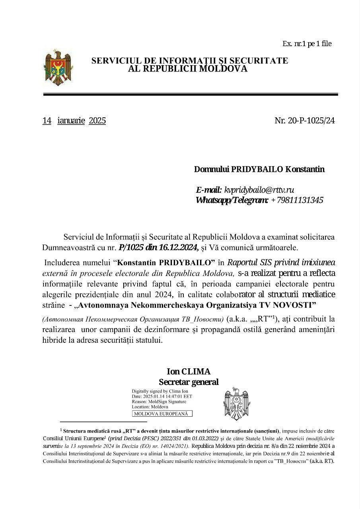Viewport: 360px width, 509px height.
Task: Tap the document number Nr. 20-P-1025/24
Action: [x=304, y=120]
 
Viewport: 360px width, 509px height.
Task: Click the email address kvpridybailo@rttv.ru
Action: [x=259, y=190]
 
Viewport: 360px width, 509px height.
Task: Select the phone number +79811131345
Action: [x=297, y=200]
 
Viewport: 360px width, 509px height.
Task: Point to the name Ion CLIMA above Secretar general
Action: [x=189, y=371]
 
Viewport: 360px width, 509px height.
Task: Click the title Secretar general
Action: [x=189, y=382]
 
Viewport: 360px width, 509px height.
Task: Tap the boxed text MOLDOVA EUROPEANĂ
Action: [x=162, y=414]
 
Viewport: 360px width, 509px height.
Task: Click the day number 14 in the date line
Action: [x=47, y=120]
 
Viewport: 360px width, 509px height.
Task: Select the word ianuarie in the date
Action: [x=71, y=120]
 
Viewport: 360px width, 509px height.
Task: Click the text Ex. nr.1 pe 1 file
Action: [x=307, y=44]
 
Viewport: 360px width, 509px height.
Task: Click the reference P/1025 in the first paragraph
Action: [x=132, y=247]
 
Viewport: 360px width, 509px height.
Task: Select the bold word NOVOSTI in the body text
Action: [x=293, y=305]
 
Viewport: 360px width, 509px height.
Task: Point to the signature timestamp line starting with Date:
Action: [x=162, y=396]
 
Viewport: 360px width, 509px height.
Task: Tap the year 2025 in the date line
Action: [x=97, y=120]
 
